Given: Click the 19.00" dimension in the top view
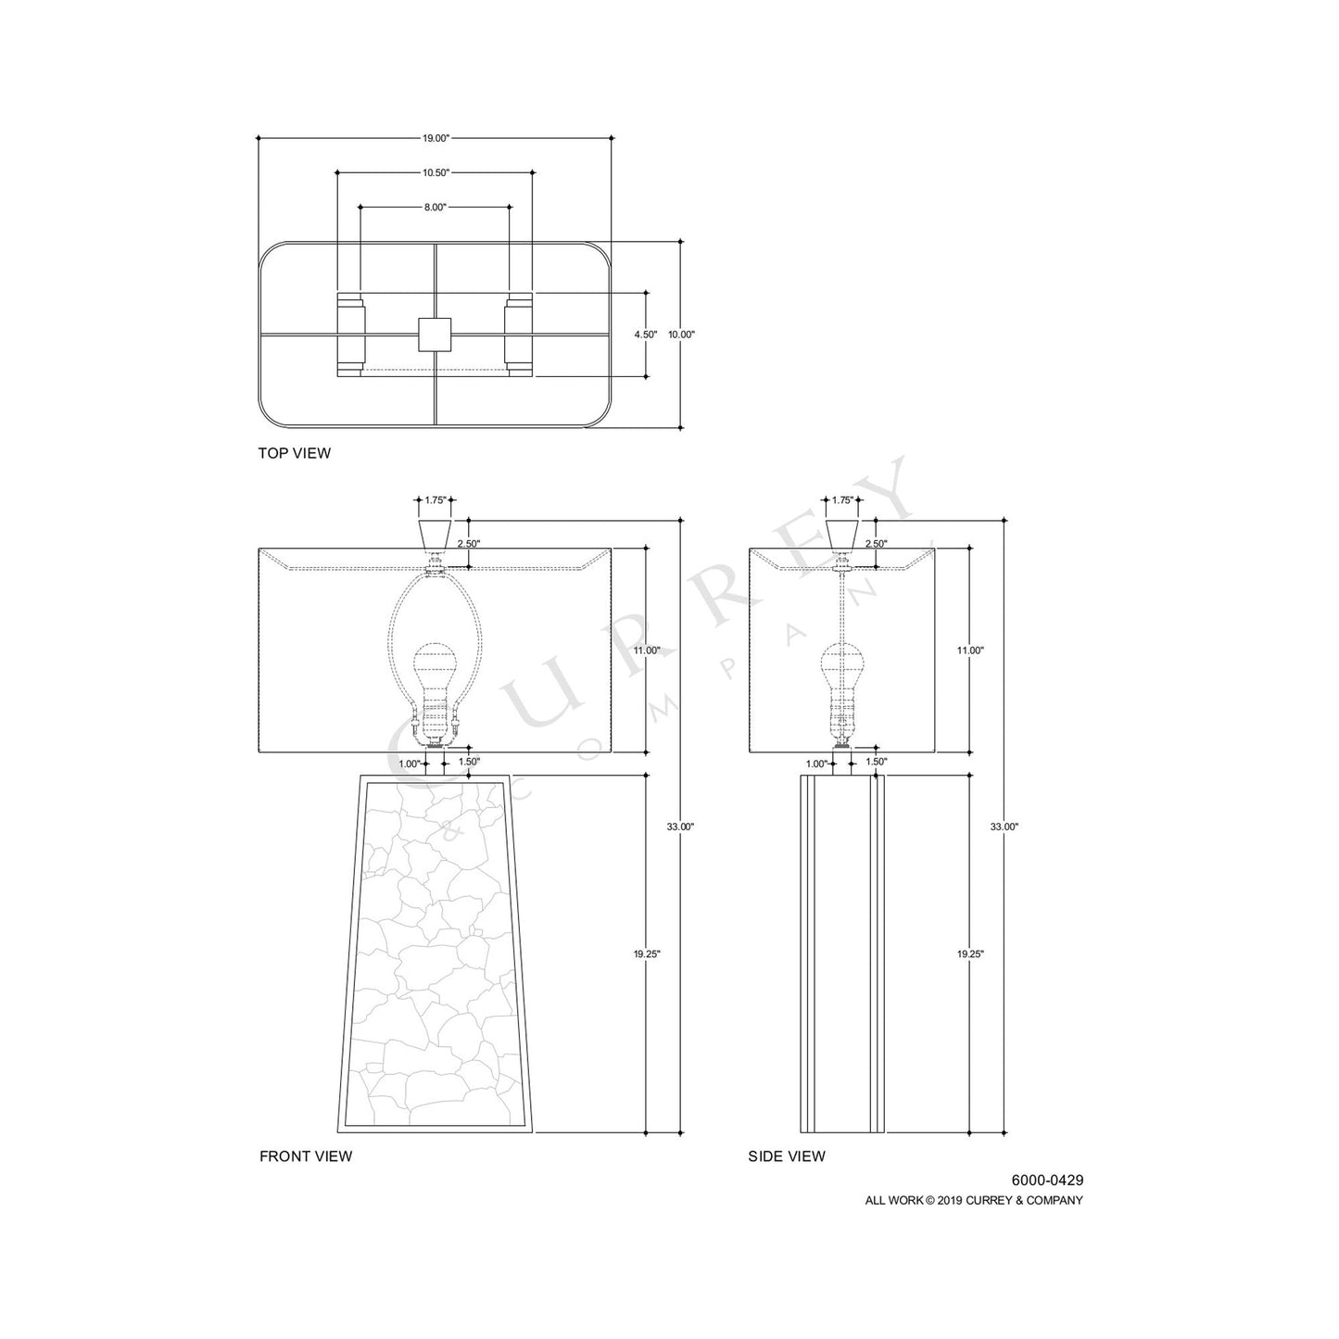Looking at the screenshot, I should pos(436,138).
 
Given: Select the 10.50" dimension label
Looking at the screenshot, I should pos(436,172).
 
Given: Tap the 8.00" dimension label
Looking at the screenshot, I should pos(436,207).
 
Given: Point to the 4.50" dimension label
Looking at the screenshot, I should pos(646,335).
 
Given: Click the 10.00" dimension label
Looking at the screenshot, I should pos(681,335).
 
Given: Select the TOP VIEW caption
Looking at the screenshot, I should pos(295,453).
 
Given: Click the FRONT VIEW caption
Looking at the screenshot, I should pos(306,1156).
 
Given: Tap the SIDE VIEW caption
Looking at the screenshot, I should pos(787,1156).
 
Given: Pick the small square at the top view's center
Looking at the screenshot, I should pos(434,335).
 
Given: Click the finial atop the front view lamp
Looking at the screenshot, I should pos(435,534).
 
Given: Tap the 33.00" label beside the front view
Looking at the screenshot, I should pos(681,826).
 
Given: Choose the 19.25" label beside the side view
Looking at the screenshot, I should pos(969,954).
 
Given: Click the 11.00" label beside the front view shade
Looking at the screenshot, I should pos(646,651).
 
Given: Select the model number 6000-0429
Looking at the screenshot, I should pos(1047,1181).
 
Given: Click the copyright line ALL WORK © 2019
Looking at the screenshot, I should pos(974,1200).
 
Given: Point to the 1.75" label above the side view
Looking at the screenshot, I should pos(841,500).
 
